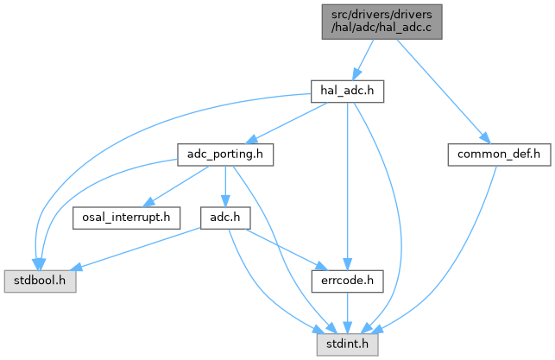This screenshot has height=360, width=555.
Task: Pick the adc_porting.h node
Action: [x=224, y=155]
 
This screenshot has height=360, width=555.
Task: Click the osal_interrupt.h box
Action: [x=125, y=216]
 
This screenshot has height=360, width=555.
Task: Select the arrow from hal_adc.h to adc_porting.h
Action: [x=284, y=121]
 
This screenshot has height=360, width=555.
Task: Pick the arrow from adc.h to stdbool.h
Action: [x=138, y=249]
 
